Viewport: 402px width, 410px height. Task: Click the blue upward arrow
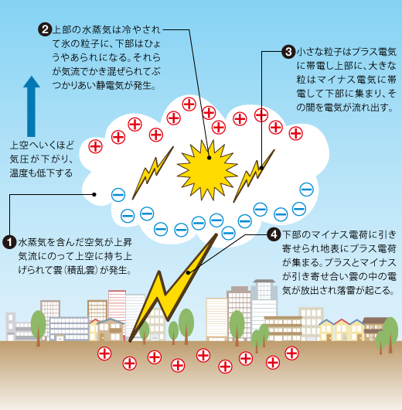pyautogui.click(x=32, y=107)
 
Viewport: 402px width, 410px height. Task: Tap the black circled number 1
pyautogui.click(x=9, y=242)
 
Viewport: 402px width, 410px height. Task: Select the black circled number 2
pyautogui.click(x=45, y=29)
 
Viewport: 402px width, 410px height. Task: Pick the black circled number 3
pyautogui.click(x=288, y=52)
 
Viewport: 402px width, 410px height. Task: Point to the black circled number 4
pyautogui.click(x=274, y=234)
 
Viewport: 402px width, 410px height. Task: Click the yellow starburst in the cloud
pyautogui.click(x=207, y=170)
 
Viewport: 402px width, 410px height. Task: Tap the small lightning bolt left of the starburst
pyautogui.click(x=152, y=173)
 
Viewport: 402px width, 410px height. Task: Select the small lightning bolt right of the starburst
pyautogui.click(x=254, y=176)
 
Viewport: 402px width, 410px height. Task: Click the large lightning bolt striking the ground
pyautogui.click(x=173, y=288)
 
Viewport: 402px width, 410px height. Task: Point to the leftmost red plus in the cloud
pyautogui.click(x=95, y=146)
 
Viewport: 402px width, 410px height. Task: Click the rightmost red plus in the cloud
pyautogui.click(x=295, y=133)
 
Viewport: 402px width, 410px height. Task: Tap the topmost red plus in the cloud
pyautogui.click(x=189, y=104)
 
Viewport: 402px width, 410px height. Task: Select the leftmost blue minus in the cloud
pyautogui.click(x=118, y=195)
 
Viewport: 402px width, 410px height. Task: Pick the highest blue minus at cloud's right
pyautogui.click(x=306, y=190)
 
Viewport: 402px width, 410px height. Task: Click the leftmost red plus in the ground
pyautogui.click(x=104, y=354)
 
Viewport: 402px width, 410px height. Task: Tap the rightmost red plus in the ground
pyautogui.click(x=291, y=354)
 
